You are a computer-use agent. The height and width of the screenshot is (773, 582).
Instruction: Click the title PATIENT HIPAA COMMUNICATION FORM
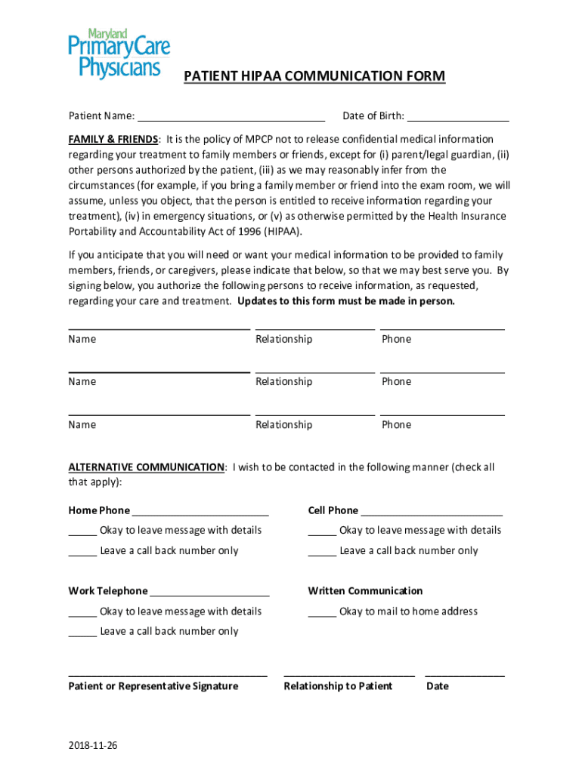(315, 77)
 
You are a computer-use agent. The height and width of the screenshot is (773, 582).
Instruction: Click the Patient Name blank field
(231, 116)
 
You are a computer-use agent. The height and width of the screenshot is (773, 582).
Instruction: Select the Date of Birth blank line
(458, 116)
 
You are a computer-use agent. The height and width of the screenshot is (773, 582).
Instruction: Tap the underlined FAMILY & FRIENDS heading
(113, 140)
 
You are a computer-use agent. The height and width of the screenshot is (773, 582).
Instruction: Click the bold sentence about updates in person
(346, 301)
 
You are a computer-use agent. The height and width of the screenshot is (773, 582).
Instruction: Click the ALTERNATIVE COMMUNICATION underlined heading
(146, 467)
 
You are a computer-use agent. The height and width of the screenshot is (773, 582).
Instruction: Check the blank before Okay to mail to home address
(322, 611)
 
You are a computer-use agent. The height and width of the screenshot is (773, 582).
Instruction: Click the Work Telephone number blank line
(209, 592)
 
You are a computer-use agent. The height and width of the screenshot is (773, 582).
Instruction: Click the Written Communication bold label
(365, 591)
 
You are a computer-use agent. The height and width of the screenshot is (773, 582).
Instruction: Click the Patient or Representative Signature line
(167, 673)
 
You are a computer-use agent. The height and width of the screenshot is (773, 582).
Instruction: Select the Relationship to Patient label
(338, 686)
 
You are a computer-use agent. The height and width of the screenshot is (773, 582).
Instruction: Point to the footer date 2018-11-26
(93, 746)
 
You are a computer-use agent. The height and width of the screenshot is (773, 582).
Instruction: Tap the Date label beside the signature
(437, 686)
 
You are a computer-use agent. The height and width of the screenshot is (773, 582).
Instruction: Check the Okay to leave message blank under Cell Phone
(322, 531)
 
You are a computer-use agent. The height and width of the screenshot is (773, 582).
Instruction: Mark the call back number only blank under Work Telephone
(82, 632)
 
